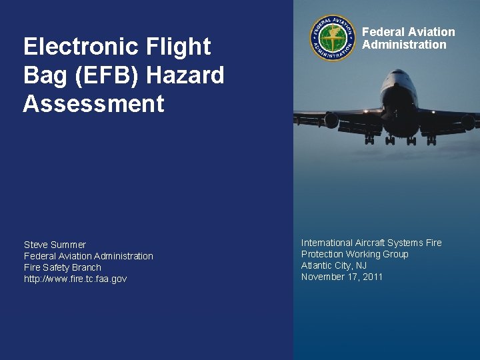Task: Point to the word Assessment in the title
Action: [93, 104]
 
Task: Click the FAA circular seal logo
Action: [333, 38]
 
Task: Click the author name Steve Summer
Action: [55, 245]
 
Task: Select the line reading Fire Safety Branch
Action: [63, 267]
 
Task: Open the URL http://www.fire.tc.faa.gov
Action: [75, 279]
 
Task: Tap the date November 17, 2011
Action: [342, 277]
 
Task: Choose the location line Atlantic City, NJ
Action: [334, 265]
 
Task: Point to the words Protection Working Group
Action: [355, 254]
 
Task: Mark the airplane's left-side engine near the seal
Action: [331, 121]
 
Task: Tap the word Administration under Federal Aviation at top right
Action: [404, 45]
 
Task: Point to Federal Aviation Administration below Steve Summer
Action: [89, 256]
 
